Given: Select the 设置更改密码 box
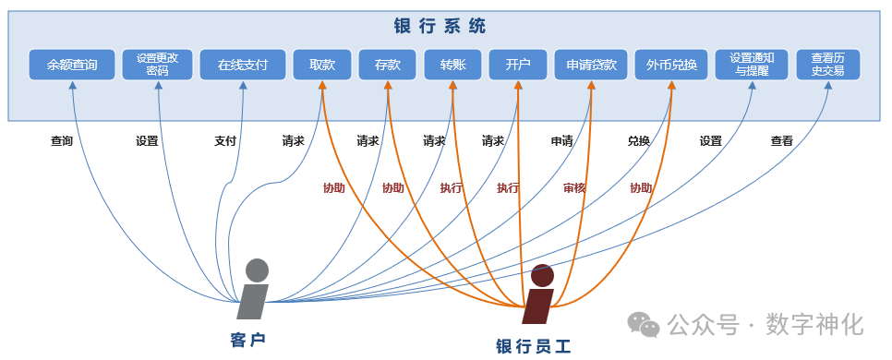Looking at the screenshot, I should tap(157, 65).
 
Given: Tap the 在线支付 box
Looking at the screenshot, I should tap(243, 65).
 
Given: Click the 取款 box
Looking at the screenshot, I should tap(322, 65).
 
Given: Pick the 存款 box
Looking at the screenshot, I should tap(388, 65).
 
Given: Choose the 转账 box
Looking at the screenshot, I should tap(452, 65).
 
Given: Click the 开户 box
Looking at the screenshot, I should tap(518, 65).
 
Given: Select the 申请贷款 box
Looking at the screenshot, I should tap(591, 65).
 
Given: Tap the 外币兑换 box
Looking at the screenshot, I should tap(671, 65).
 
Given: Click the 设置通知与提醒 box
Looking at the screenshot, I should tap(752, 65).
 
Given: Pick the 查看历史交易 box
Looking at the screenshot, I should tap(827, 65).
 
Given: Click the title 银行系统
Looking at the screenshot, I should tap(446, 26).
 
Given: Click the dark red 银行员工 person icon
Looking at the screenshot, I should tap(539, 295).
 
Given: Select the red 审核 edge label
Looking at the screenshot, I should tap(574, 188).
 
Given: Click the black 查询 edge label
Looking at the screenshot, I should tap(62, 142).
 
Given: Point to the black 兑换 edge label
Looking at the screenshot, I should tap(639, 142).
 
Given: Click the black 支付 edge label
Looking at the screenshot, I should tap(225, 142).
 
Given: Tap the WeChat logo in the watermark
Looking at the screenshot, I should tap(644, 324).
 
